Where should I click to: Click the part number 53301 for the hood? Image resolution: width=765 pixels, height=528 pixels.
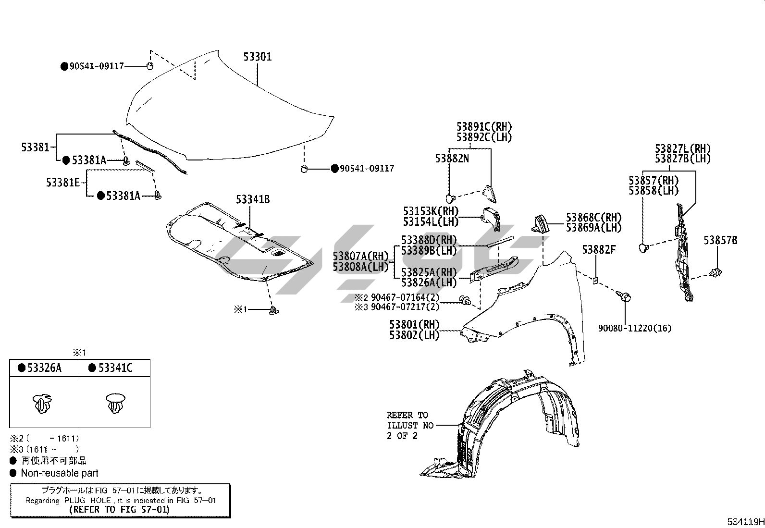[257, 57]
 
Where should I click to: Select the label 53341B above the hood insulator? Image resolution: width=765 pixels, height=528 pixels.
[252, 199]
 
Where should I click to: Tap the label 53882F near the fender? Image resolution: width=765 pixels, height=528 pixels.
[599, 250]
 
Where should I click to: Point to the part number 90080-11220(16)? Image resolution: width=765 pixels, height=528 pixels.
[634, 328]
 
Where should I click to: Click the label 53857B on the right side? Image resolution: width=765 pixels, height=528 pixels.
[720, 240]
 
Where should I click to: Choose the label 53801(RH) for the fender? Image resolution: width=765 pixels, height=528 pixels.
[414, 325]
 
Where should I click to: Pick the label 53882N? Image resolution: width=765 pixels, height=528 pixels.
[452, 159]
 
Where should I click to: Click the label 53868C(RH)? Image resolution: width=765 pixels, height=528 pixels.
[593, 218]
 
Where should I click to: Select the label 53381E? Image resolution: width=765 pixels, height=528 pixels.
[63, 183]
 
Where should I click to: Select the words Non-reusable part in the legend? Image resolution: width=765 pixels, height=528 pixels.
[60, 473]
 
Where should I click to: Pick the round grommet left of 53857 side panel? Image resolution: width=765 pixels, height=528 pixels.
[643, 247]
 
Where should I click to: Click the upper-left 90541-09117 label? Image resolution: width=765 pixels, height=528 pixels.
[97, 66]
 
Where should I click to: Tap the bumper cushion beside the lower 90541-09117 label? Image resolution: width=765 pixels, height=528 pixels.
[304, 168]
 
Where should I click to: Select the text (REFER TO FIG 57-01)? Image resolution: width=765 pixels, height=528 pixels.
[119, 509]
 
